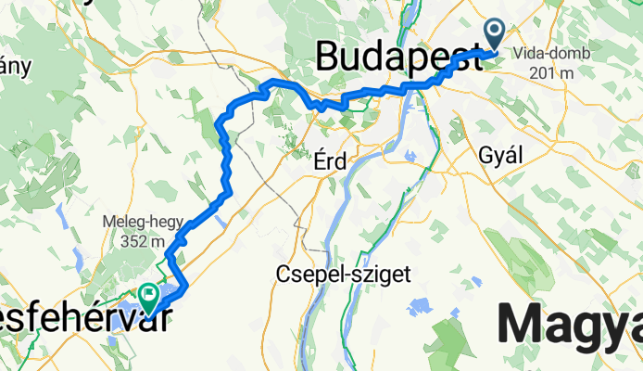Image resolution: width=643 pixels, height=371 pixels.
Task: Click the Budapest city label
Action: click(398, 56)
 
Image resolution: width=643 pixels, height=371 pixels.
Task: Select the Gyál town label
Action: click(501, 156)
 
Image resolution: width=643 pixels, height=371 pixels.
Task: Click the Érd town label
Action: click(329, 161)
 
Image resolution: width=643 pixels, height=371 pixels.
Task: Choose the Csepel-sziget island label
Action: click(343, 273)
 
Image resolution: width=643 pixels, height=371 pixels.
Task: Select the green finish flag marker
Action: click(149, 297)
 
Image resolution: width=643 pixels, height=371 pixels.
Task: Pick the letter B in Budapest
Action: click(328, 56)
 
